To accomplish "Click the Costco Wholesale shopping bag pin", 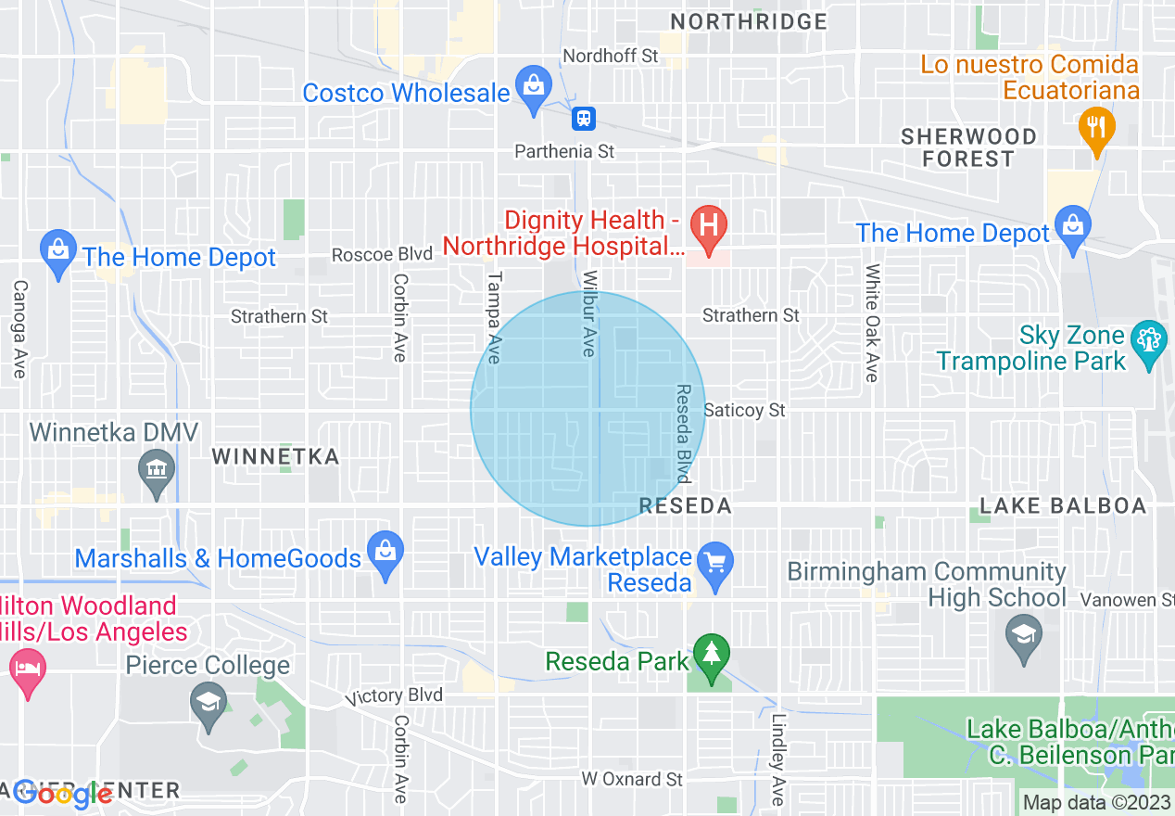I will [x=533, y=87].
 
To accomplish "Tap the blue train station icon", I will [x=583, y=118].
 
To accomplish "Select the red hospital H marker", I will [x=710, y=226].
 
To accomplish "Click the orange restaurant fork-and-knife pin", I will [x=1097, y=128].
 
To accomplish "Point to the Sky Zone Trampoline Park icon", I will [x=1149, y=341].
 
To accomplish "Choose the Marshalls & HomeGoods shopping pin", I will [x=385, y=552].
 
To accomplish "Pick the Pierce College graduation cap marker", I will [x=208, y=702].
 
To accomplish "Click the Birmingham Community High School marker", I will [x=1023, y=637].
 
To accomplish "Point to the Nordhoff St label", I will [x=611, y=56].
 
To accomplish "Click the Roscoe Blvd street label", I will [x=382, y=254].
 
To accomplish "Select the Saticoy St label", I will [x=744, y=410].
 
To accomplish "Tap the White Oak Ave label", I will [x=871, y=323].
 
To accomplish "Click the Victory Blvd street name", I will [x=394, y=695].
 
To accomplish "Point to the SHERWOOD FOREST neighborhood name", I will [x=968, y=147].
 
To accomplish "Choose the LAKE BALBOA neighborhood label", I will [x=1063, y=505].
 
